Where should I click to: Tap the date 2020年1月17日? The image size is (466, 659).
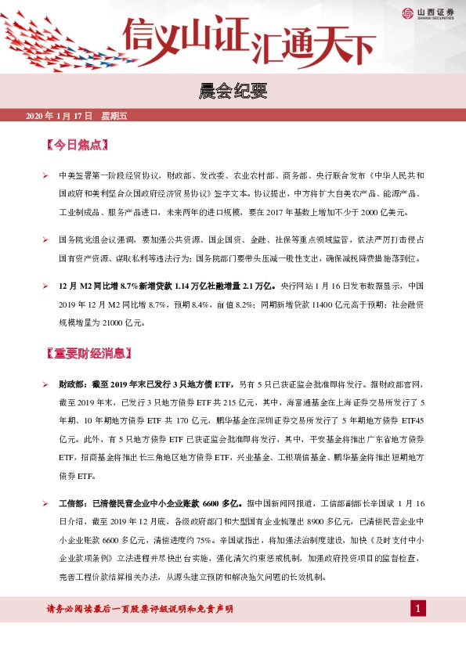tap(60, 117)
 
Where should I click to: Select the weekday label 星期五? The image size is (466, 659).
tap(114, 117)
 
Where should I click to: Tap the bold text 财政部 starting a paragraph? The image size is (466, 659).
tap(72, 385)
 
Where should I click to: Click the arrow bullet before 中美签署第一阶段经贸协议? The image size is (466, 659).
tap(45, 176)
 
